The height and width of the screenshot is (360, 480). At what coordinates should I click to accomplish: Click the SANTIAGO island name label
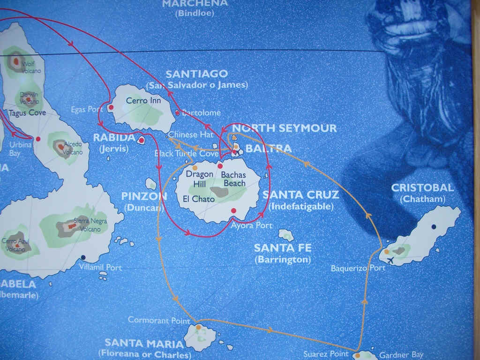pos(197,74)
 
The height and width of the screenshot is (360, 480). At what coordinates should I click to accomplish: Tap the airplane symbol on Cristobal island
pos(390,260)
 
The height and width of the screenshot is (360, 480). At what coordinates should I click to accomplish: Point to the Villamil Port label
pos(101,268)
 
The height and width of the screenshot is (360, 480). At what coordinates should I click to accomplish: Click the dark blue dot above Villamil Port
pos(83,257)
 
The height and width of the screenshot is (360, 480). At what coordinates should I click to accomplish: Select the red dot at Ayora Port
pos(233,210)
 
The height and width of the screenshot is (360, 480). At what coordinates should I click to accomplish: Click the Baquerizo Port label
pos(358,268)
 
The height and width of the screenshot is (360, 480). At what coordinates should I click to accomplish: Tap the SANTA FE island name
pos(283,248)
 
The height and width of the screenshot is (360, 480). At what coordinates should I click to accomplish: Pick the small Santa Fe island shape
pos(286,234)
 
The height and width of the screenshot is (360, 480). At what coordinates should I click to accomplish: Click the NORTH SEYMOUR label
pos(285,128)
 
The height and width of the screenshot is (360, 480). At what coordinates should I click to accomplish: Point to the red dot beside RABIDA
pos(142,140)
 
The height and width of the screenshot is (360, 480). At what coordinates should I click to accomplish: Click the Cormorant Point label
pos(159,320)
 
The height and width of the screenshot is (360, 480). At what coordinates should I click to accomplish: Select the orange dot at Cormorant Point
pos(198,327)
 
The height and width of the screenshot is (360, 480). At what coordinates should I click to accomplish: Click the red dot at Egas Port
pos(111,107)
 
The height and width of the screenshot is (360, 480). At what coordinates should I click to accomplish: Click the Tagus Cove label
pos(27,113)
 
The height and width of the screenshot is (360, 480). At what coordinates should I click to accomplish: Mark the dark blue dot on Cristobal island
pos(434,227)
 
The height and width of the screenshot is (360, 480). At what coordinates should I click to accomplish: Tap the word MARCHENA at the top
pos(195,3)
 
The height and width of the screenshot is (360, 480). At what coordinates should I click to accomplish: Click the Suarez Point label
pos(326,354)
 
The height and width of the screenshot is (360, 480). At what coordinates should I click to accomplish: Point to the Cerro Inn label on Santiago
pos(143,101)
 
